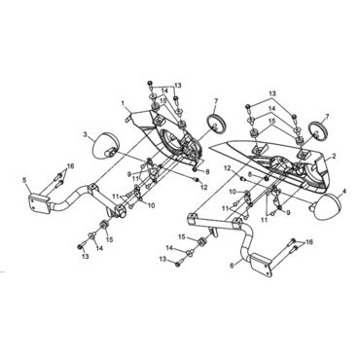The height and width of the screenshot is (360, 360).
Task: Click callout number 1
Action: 123,103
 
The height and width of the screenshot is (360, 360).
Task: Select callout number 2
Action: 334,157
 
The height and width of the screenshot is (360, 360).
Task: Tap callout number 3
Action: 86,134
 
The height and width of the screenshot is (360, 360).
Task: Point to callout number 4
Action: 344,192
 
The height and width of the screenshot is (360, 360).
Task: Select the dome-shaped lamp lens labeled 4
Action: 327,207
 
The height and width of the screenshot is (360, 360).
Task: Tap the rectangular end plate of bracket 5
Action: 38,203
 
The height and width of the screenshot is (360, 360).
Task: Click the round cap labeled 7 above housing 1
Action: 215,123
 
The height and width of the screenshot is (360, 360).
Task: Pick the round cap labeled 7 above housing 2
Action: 317,130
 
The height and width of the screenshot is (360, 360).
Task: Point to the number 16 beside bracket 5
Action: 70,166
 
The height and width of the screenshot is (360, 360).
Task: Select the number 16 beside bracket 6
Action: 309,242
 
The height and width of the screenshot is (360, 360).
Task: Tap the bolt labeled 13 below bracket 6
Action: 179,262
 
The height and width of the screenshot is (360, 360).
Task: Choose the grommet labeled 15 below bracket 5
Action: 104,224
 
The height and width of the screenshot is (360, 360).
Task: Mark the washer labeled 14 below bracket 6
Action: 191,252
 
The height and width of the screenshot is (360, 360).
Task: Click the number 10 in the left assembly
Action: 151,205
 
